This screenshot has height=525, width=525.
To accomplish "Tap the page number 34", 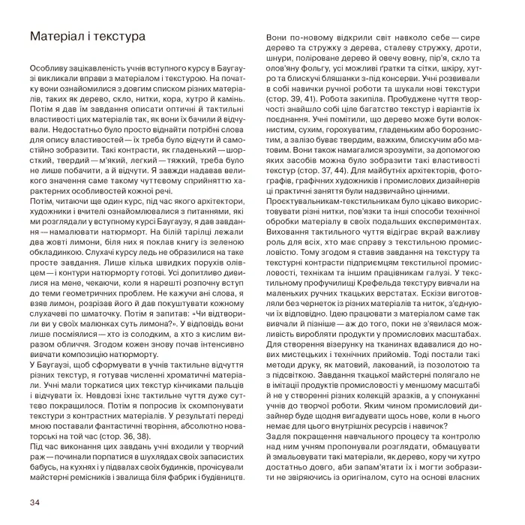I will [x=33, y=501].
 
